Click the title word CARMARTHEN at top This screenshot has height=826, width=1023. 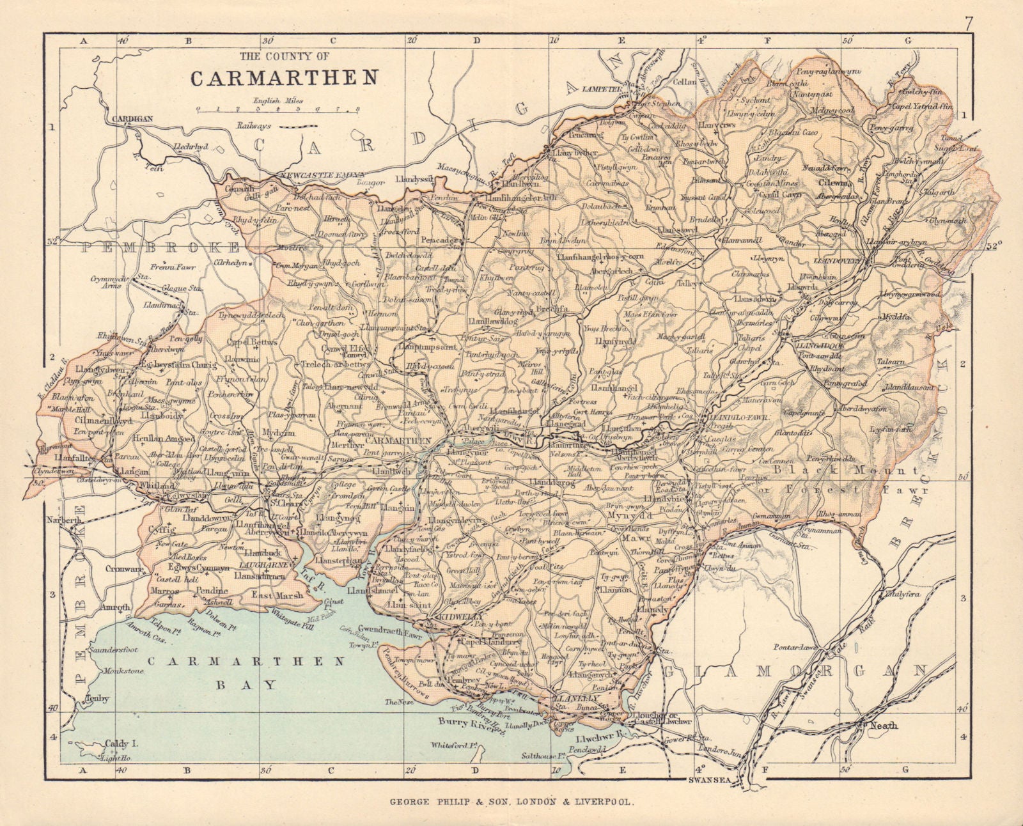(283, 77)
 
